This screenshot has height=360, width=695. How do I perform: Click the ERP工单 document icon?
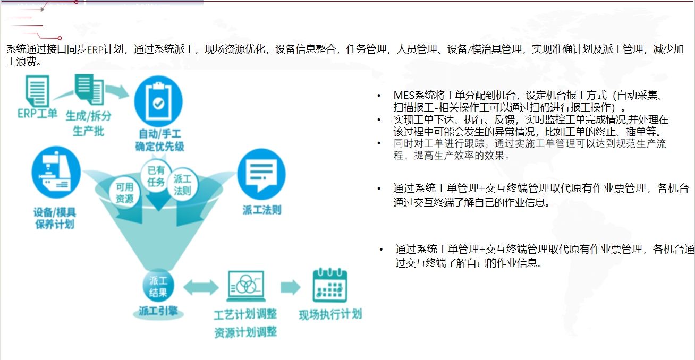(37, 91)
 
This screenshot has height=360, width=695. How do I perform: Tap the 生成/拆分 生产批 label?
(88, 123)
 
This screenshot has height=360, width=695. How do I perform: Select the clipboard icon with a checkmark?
(158, 101)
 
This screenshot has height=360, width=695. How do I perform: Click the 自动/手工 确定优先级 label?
(159, 140)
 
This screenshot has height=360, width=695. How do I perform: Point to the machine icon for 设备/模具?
(56, 172)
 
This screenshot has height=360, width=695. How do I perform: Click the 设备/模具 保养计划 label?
(55, 218)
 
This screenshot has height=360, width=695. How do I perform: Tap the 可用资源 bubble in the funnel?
(124, 193)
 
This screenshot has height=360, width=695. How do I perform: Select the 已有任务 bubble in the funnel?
(156, 176)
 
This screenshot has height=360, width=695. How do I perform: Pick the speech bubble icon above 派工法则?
(261, 174)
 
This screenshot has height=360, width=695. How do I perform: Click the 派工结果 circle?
(158, 286)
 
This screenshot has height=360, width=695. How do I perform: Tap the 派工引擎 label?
(158, 311)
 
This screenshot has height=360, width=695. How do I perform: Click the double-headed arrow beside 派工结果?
(201, 287)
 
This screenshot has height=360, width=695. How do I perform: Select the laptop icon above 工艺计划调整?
(245, 286)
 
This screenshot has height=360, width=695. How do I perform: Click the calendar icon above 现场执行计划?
(330, 285)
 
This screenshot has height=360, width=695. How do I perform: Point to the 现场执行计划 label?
(330, 314)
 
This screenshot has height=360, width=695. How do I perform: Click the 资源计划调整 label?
(245, 332)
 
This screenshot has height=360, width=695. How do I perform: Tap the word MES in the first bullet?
(404, 95)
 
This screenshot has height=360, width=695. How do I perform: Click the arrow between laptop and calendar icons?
(291, 287)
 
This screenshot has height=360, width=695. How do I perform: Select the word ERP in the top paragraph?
(95, 49)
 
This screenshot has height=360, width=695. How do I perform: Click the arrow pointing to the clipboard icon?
(117, 92)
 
